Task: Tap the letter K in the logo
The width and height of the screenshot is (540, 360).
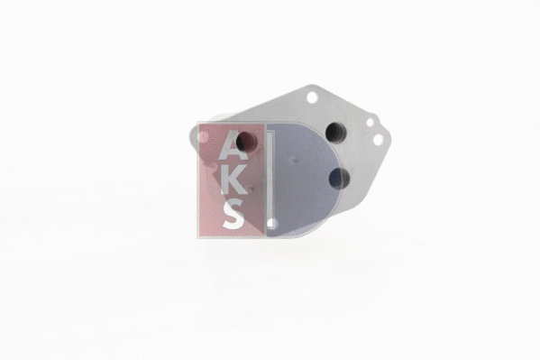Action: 233,180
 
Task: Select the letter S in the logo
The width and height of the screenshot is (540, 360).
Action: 233,215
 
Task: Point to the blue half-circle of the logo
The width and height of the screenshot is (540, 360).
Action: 303,180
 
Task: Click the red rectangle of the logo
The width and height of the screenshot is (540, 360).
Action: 232,180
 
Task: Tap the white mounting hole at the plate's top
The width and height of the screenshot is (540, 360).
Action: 312,97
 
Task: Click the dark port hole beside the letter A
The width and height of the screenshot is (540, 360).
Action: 247,141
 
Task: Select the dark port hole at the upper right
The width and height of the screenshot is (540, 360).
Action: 336,133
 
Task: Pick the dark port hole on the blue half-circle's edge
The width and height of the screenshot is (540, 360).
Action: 339,179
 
